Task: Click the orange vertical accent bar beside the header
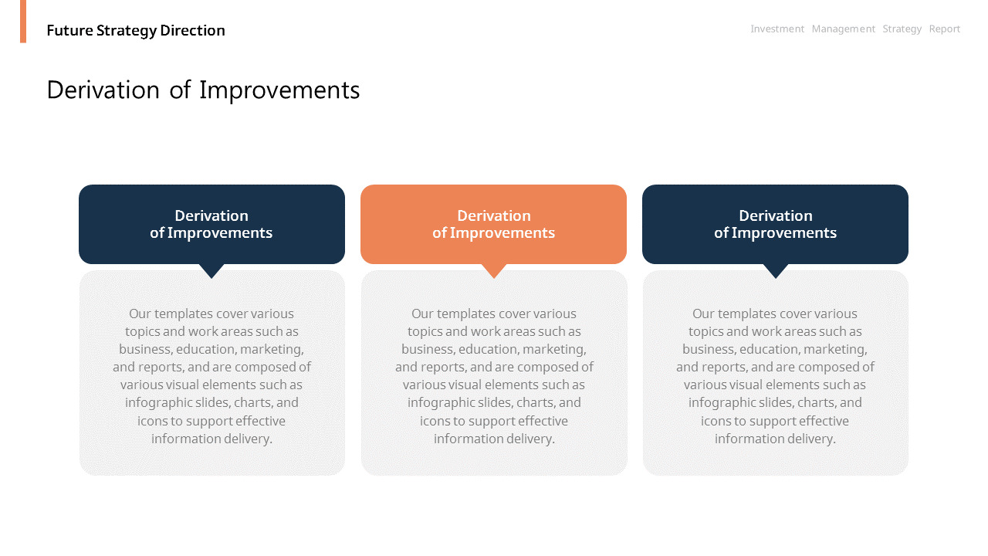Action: coord(23,21)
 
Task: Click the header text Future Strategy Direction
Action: coord(136,30)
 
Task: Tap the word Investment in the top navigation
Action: coord(777,29)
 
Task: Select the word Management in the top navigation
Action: coord(844,29)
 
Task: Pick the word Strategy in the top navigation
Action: coord(902,29)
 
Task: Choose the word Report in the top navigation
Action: coord(944,29)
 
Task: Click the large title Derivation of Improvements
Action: coord(203,90)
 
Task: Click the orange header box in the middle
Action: coord(493,224)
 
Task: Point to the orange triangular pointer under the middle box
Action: coord(494,270)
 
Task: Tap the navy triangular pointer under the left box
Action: coord(211,270)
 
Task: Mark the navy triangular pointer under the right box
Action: coord(776,270)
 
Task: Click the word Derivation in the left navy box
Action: coord(211,215)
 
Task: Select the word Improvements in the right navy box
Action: coord(784,233)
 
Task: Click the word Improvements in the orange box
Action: coord(502,233)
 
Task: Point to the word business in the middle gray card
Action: coord(428,349)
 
